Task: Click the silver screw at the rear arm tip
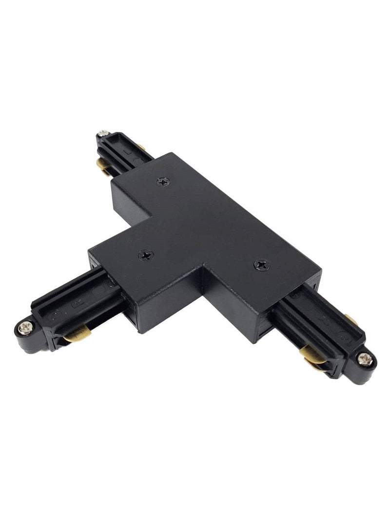(x=103, y=133)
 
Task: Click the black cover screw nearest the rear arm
(x=162, y=182)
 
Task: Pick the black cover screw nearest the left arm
(x=145, y=254)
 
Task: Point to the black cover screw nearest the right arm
(x=261, y=264)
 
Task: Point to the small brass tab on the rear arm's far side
(x=140, y=146)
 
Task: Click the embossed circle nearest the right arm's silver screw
(x=345, y=337)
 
